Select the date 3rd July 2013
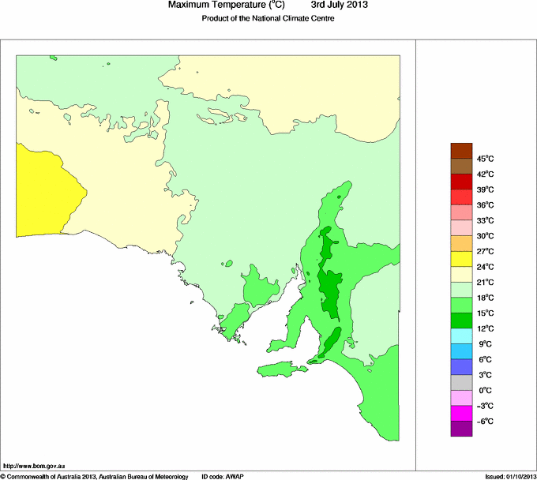point(340,6)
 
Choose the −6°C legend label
point(483,421)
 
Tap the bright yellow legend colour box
point(461,259)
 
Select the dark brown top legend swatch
point(461,151)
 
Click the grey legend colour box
point(461,382)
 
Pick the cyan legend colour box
point(461,336)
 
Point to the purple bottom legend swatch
point(461,429)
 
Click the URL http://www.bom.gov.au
point(32,465)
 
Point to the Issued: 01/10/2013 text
point(509,476)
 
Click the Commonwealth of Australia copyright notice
point(95,476)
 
